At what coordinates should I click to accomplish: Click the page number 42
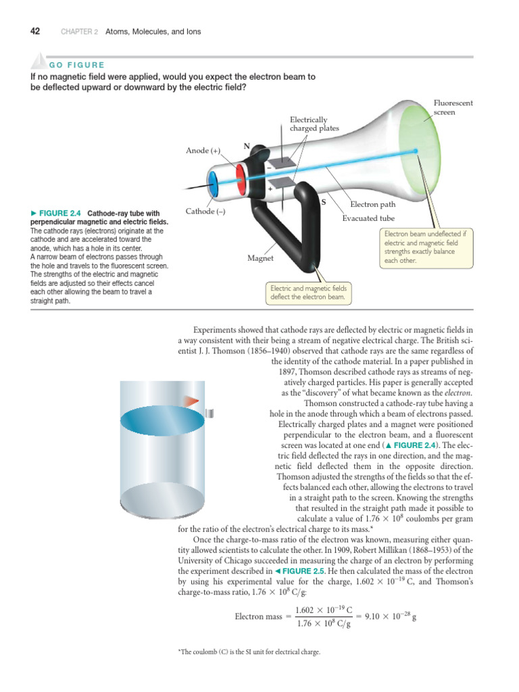tap(35, 31)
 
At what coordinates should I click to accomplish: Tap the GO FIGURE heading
tap(77, 65)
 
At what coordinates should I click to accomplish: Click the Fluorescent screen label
tap(453, 107)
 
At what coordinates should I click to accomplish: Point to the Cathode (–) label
tap(205, 212)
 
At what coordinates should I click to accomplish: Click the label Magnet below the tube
tap(260, 257)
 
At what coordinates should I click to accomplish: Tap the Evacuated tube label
tap(368, 218)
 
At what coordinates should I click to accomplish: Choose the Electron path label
tap(372, 203)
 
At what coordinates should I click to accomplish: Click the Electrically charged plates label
tap(314, 123)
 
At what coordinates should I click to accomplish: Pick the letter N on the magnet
tap(247, 145)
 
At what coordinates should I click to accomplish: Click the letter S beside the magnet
tap(323, 201)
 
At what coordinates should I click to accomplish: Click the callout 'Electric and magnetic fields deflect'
tap(307, 293)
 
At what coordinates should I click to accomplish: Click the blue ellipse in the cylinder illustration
tap(162, 419)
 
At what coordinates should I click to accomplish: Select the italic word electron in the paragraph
tap(458, 392)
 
